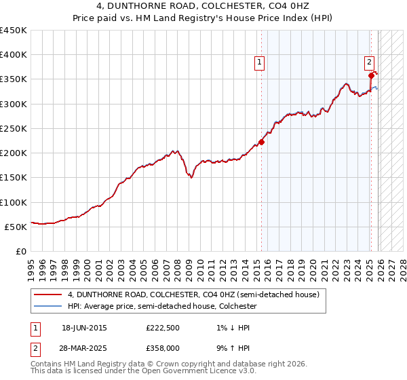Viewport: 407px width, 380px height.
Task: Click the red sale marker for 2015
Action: click(x=262, y=142)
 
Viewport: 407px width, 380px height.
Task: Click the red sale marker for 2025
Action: click(x=372, y=76)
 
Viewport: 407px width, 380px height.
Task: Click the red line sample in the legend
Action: click(x=48, y=295)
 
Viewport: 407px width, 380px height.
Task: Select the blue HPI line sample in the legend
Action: click(x=48, y=306)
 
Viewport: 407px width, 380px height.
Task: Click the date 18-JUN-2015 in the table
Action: click(x=84, y=328)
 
